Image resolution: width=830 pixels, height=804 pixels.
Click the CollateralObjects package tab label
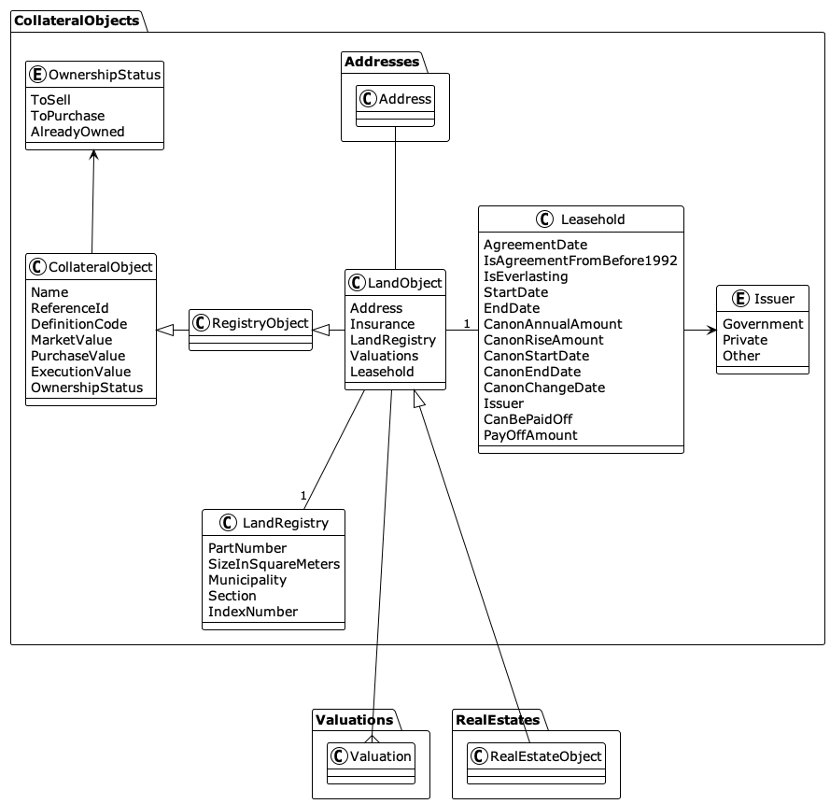(77, 20)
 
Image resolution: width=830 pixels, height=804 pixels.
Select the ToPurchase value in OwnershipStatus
(67, 116)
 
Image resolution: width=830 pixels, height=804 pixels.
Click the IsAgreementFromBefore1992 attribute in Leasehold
(580, 261)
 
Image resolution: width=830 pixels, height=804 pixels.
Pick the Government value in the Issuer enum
(762, 324)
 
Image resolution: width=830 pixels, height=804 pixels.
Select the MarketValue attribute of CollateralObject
(71, 340)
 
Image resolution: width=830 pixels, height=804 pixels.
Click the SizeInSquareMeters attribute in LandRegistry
(274, 564)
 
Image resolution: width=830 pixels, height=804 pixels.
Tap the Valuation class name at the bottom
(379, 755)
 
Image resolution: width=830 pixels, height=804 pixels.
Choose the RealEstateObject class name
(545, 755)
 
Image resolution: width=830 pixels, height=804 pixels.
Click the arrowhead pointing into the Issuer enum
(710, 330)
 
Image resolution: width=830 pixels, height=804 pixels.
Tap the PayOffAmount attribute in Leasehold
(529, 435)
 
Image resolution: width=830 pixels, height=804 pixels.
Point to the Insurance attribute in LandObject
(382, 324)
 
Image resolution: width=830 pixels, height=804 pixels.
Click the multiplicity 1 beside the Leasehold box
(466, 323)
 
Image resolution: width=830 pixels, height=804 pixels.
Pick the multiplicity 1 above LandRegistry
(303, 496)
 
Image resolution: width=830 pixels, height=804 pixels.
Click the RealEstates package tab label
(497, 720)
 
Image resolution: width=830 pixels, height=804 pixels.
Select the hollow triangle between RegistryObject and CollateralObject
(165, 330)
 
